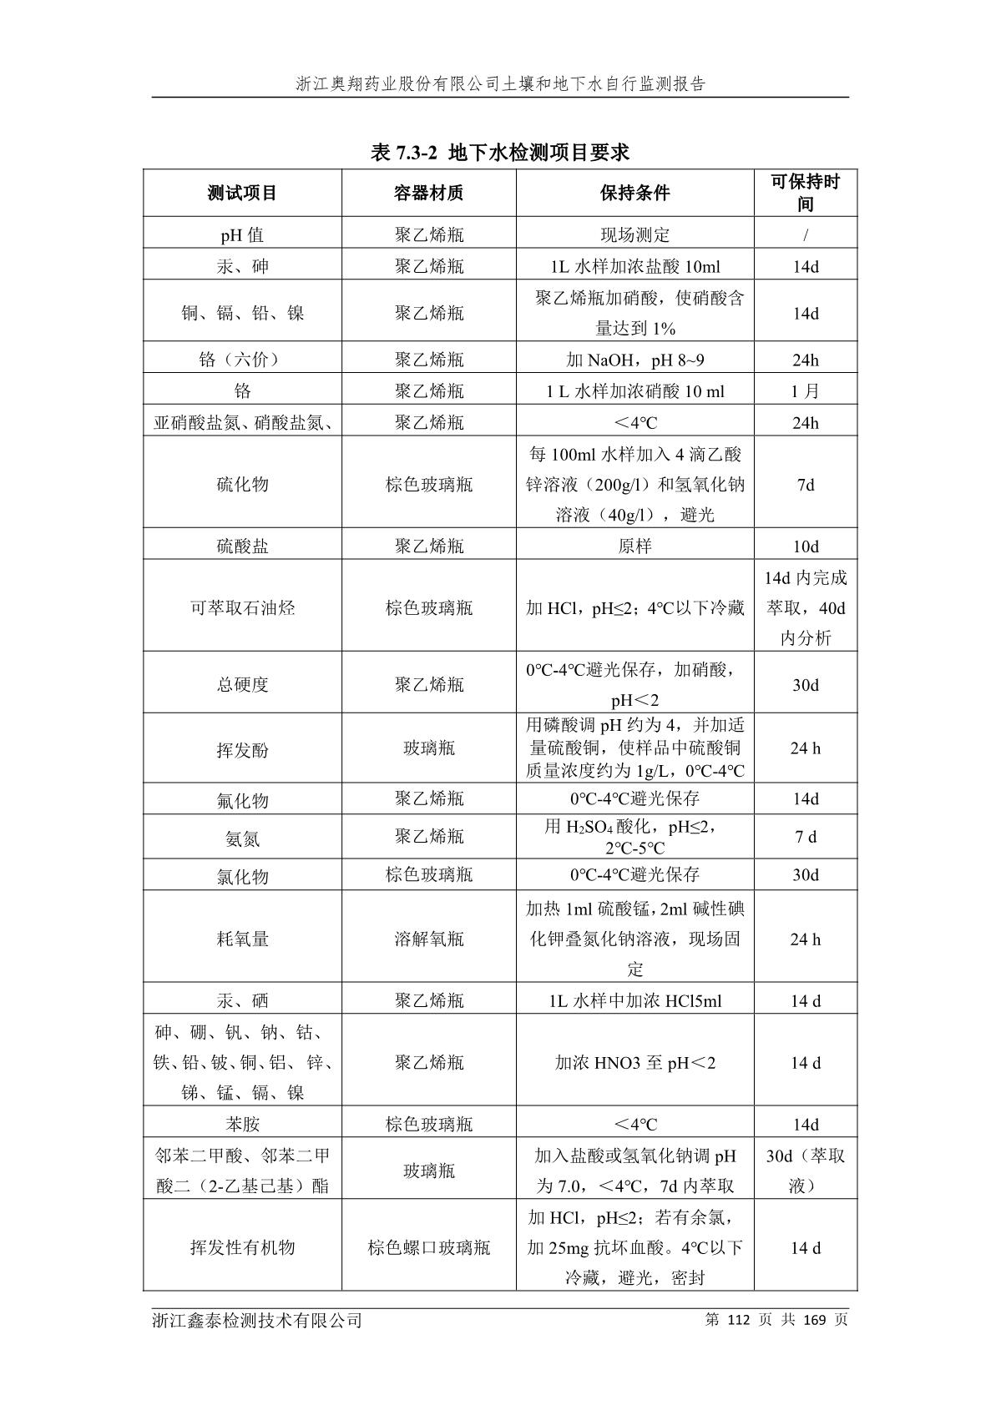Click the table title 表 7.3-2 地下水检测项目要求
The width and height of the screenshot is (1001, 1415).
499,153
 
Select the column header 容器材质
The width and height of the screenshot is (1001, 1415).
428,194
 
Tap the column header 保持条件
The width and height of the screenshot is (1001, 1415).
634,194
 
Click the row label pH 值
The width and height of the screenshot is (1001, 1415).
242,235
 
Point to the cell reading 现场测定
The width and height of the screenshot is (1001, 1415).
634,235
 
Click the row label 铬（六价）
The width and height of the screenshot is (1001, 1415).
242,360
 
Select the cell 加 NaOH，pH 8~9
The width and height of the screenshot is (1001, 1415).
634,360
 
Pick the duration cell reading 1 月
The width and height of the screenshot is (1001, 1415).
806,391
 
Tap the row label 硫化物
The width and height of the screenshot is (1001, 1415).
242,485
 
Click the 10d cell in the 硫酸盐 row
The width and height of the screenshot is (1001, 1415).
806,546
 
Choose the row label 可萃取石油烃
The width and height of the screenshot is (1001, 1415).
242,607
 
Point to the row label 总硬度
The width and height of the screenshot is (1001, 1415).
242,685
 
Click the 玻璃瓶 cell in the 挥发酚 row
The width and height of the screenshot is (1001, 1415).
428,748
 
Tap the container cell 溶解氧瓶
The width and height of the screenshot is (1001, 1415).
428,939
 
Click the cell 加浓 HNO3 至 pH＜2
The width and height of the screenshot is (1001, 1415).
634,1063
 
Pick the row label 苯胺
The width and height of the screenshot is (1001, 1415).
242,1125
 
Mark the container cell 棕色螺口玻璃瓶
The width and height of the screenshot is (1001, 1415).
428,1248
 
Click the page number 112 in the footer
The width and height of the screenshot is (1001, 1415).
740,1320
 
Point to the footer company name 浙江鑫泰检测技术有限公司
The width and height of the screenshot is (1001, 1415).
257,1320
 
